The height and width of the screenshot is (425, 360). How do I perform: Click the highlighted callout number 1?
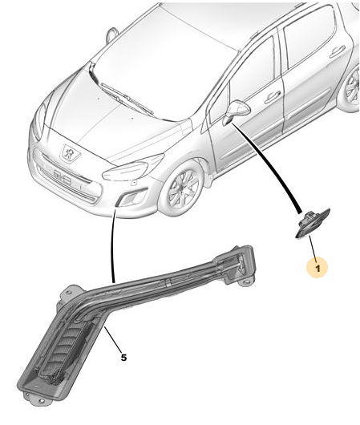point(318,268)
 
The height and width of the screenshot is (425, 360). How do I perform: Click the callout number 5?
point(123,358)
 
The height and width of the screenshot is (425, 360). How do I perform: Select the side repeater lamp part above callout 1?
point(312,224)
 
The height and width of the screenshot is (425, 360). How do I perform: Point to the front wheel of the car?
point(182,188)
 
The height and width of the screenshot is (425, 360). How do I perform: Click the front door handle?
point(273,96)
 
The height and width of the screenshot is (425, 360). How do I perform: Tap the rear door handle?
point(338,51)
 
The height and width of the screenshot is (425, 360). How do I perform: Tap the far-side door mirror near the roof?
point(111,34)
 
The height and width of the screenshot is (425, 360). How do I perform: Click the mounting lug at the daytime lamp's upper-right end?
point(245,282)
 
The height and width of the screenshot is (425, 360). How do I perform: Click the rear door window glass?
point(309,37)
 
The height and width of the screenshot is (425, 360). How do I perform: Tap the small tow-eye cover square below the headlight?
point(134,183)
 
